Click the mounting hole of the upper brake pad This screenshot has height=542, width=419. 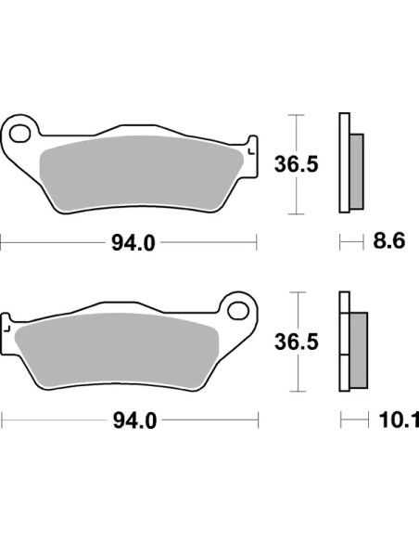click(19, 134)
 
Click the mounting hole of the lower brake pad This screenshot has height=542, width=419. click(238, 310)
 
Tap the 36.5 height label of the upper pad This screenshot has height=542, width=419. click(296, 164)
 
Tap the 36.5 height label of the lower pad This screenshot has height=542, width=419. click(297, 342)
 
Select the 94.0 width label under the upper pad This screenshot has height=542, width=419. click(133, 242)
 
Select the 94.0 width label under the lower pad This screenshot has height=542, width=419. click(135, 420)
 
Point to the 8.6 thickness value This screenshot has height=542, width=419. click(389, 241)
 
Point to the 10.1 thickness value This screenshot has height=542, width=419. click(399, 419)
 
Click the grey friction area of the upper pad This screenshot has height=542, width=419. click(142, 173)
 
